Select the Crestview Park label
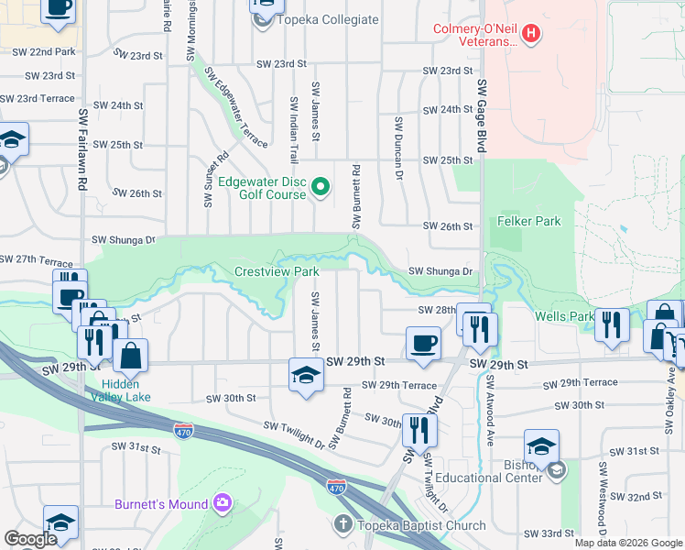[277, 271]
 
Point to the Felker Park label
[528, 221]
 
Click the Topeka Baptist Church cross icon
[342, 524]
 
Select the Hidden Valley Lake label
[127, 391]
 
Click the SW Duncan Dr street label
[399, 148]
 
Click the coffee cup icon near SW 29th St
[422, 344]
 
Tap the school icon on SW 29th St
[306, 373]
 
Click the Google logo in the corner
[30, 539]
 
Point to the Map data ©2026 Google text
[627, 543]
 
